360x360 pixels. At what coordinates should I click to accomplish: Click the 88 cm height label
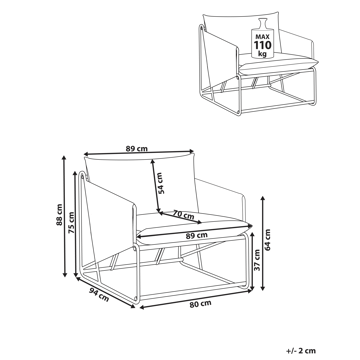pos(59,215)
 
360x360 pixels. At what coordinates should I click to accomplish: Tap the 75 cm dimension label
pos(71,223)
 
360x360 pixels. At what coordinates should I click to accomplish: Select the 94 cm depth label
pos(99,295)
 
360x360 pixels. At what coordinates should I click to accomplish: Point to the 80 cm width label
pos(200,304)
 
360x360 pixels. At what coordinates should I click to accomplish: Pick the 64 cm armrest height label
pos(269,239)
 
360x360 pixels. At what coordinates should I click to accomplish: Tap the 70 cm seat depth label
pos(183,215)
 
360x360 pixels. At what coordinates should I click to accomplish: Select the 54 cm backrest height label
pos(161,183)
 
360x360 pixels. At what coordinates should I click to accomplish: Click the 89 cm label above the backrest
pos(137,149)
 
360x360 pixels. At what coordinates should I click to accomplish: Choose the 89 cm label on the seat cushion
pos(197,235)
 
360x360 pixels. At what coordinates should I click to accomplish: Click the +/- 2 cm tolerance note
pos(301,351)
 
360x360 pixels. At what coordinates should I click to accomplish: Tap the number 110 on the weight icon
pos(263,45)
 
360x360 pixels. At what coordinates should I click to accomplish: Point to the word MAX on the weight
pos(263,36)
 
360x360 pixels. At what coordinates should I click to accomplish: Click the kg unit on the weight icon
pos(263,53)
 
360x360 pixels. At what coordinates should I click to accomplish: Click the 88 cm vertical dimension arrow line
pos(65,216)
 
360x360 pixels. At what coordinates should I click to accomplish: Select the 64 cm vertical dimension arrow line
pos(263,243)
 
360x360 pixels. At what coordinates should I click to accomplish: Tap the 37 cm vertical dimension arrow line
pos(252,261)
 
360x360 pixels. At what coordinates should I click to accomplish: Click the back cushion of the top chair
pos(233,33)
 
